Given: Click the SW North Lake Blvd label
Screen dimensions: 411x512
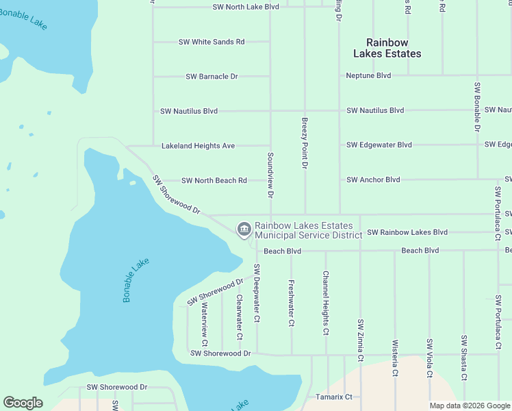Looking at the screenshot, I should [246, 7].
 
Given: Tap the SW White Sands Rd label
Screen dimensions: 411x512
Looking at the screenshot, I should [212, 42].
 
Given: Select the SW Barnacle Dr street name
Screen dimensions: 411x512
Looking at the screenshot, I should [212, 76].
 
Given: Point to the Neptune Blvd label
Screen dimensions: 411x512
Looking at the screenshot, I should [368, 75].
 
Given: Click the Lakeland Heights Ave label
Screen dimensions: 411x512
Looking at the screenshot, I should [198, 146].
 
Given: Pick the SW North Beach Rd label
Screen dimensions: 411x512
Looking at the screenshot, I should [214, 181].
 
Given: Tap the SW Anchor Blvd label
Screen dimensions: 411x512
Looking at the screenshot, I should [373, 180].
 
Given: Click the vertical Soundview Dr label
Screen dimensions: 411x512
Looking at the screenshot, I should [271, 175].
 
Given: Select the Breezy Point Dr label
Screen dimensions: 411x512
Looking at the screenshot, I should [305, 143].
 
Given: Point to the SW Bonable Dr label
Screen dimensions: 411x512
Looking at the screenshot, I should [477, 108].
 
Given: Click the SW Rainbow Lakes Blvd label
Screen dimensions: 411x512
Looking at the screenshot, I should [407, 233].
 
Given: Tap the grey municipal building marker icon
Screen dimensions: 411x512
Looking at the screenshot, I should [244, 229].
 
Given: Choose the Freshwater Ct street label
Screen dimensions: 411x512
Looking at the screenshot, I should [292, 302].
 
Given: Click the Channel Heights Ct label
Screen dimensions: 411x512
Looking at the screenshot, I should [327, 302].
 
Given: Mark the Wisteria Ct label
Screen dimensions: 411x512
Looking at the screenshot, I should [395, 358].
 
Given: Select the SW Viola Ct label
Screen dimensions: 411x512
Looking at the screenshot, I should [430, 358].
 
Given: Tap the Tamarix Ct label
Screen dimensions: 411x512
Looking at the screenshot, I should [333, 397].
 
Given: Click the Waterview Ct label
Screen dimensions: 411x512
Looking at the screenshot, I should [205, 324].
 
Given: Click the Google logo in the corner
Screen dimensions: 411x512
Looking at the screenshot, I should [23, 403].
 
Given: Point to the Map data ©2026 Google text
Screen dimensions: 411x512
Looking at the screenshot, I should [469, 406].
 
